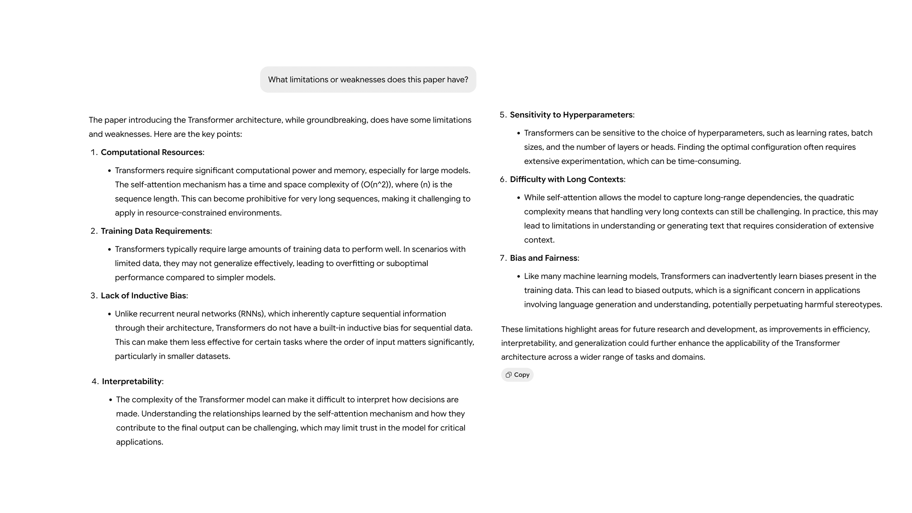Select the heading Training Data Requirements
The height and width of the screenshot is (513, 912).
pos(155,231)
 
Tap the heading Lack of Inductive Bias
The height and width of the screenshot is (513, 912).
pos(143,296)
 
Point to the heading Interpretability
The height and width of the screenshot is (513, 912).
pos(132,381)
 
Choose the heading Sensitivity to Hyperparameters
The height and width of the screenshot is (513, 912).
pos(571,115)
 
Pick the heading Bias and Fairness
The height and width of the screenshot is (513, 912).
pos(543,258)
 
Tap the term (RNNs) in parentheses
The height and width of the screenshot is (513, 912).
pos(251,314)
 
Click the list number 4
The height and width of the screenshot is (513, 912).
pos(94,381)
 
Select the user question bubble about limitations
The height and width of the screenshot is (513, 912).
pos(368,80)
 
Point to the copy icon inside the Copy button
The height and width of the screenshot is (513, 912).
pos(508,375)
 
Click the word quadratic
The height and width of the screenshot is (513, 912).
pos(836,198)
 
